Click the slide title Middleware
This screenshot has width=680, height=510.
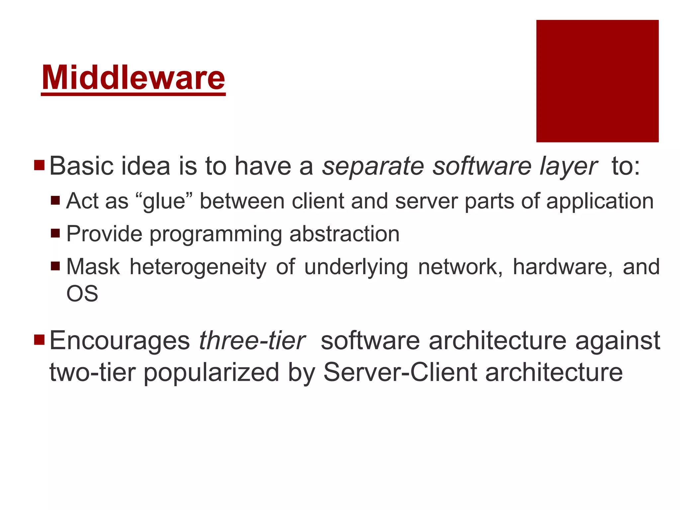(x=133, y=78)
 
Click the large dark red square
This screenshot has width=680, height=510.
(x=597, y=81)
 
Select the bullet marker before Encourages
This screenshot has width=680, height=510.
(x=39, y=340)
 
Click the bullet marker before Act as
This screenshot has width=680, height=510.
(x=55, y=201)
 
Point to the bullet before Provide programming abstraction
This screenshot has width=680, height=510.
(x=55, y=233)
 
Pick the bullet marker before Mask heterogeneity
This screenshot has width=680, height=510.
(x=55, y=266)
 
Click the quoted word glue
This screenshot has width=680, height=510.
(x=164, y=201)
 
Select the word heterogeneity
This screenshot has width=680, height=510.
(x=198, y=267)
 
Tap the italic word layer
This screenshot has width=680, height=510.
(x=568, y=167)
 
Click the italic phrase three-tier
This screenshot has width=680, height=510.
(x=252, y=341)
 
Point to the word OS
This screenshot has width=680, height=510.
(x=82, y=294)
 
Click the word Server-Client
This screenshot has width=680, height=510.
(x=400, y=372)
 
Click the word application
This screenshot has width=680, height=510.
(x=600, y=201)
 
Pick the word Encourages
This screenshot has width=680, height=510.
(x=120, y=341)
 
